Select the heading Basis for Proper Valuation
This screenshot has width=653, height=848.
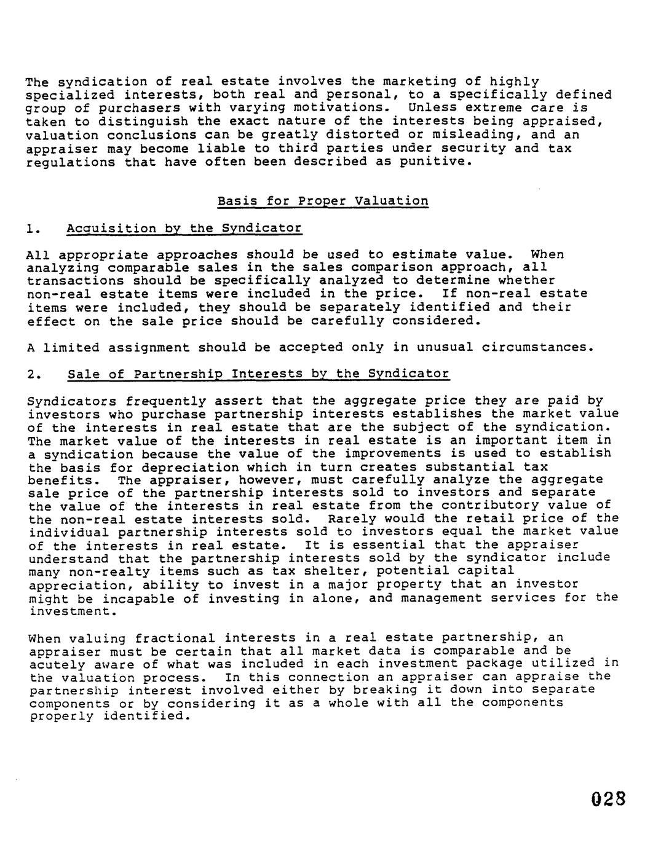(323, 201)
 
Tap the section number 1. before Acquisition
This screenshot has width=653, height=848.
(33, 229)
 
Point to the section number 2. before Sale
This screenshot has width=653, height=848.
(34, 374)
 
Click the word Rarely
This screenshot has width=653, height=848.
(353, 519)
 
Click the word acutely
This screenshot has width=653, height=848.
(57, 664)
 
